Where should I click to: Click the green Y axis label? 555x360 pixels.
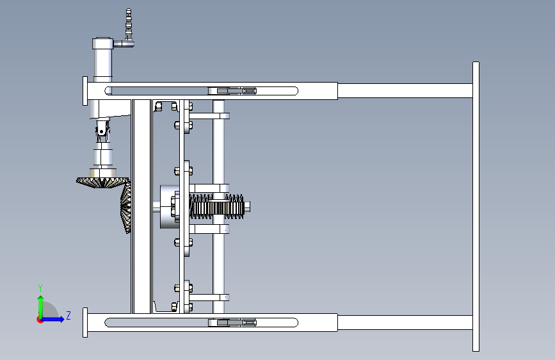tap(40, 288)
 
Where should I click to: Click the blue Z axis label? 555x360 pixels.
tap(68, 315)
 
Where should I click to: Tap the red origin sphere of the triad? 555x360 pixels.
tap(40, 319)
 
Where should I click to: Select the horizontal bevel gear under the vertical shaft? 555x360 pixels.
tap(101, 183)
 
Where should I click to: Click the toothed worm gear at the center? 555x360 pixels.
tap(217, 207)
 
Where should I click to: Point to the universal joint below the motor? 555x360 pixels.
tap(101, 133)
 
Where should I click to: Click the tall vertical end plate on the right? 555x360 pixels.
tap(476, 206)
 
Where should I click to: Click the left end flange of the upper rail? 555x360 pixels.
tap(85, 91)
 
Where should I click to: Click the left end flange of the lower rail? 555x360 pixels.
tap(85, 322)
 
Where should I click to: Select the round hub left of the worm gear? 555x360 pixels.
tap(168, 207)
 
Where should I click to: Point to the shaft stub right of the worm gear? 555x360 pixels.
tap(247, 206)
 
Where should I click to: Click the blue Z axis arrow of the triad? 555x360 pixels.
tap(55, 319)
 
